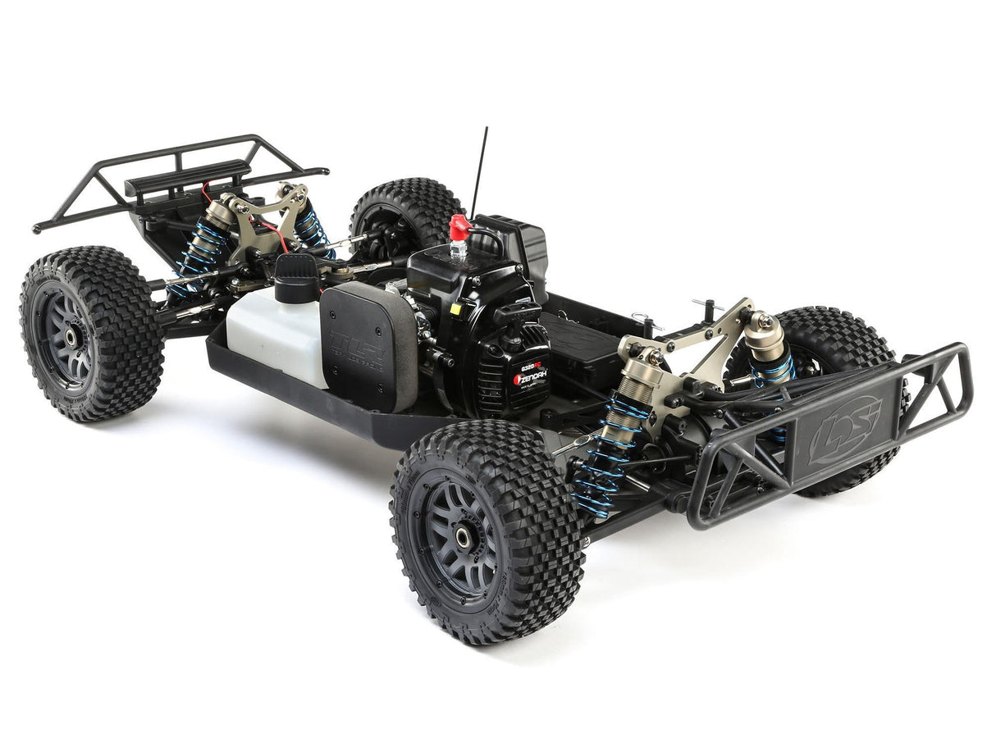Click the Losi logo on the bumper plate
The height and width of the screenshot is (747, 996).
[x=844, y=430]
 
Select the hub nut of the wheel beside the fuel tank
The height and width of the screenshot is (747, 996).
[x=71, y=336]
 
